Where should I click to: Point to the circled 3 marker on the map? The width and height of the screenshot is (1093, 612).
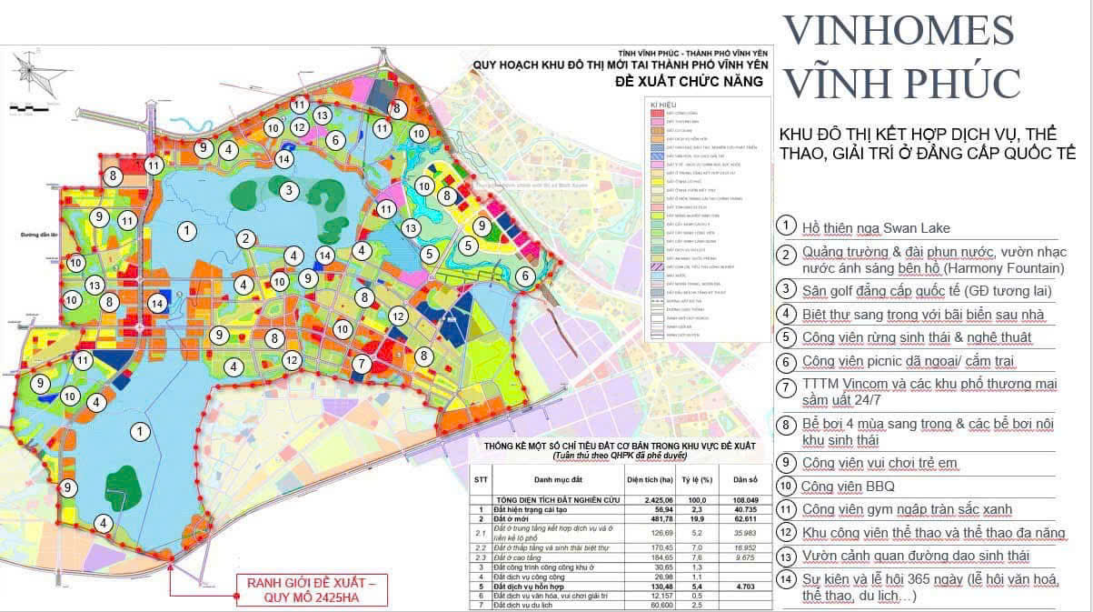pos(288,190)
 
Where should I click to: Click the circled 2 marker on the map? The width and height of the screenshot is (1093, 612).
pos(245,239)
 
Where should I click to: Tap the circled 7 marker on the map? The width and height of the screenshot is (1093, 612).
pos(362,365)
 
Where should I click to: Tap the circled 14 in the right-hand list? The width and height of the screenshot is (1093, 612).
pos(786,579)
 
